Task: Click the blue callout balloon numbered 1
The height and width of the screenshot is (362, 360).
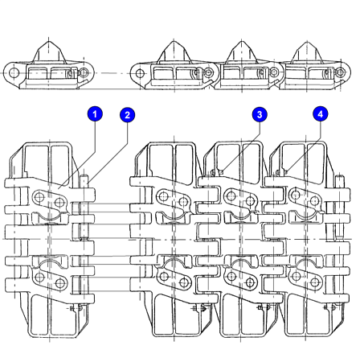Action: tap(95, 113)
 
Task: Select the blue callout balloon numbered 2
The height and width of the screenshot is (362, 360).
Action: tap(127, 115)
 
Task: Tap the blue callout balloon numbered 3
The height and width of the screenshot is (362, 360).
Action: tap(260, 114)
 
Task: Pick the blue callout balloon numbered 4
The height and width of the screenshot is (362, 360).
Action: tap(321, 113)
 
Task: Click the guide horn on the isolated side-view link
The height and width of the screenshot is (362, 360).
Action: tap(49, 51)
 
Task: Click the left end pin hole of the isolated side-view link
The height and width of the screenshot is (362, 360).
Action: tap(13, 72)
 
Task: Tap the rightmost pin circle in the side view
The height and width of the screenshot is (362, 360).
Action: tap(340, 72)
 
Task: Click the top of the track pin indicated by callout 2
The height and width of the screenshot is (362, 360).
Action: tap(84, 178)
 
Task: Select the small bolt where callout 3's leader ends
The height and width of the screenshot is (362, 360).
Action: tap(221, 172)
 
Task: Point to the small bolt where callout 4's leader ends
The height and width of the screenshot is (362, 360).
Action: tap(286, 171)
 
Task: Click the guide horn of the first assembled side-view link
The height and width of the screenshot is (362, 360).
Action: tap(174, 52)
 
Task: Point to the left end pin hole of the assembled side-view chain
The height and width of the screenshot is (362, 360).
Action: tap(140, 73)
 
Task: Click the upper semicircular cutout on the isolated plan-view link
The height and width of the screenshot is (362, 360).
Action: tap(49, 216)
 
